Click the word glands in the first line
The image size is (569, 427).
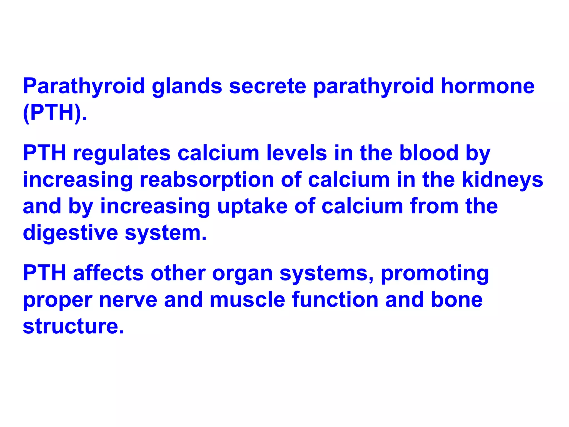coord(187,86)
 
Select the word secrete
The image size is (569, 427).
coord(268,86)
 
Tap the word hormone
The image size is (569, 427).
coord(488,86)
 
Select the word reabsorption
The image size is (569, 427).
coord(207,180)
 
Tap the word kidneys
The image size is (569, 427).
coord(503,180)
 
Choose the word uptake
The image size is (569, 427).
coord(252,206)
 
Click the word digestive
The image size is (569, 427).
coord(70,233)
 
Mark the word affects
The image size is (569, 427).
coord(108,273)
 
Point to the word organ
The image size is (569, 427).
coord(242,273)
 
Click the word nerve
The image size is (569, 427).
coord(128,300)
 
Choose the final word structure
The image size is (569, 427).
coord(73,326)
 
